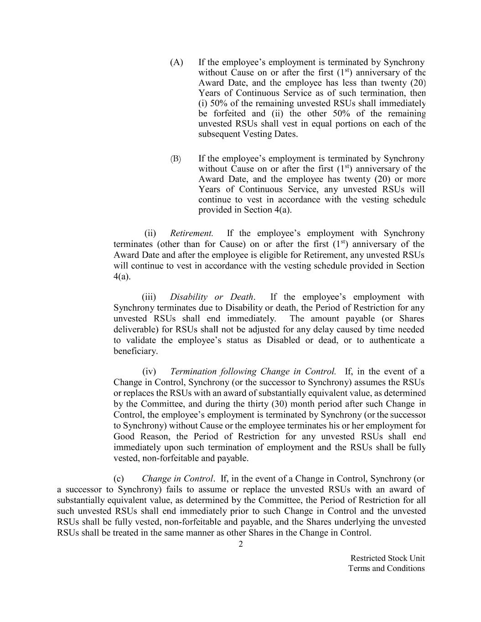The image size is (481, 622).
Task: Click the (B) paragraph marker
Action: tap(176, 159)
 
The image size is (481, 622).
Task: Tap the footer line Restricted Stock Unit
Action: tap(388, 558)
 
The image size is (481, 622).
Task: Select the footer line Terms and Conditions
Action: tap(386, 568)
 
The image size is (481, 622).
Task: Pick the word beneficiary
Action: tap(135, 351)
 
